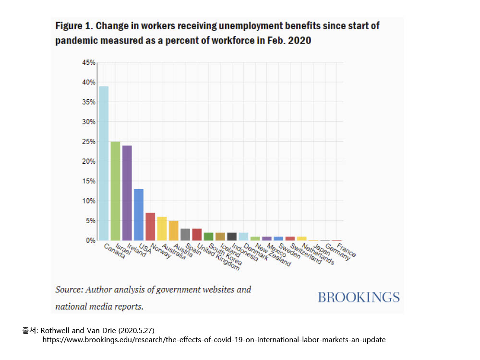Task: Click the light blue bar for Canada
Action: (x=104, y=163)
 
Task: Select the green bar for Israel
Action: (x=115, y=191)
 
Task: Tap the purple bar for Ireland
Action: (x=127, y=192)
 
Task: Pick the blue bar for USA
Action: (x=139, y=215)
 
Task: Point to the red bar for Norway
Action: (x=150, y=226)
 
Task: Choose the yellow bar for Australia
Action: (x=162, y=228)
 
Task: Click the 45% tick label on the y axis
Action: (x=89, y=62)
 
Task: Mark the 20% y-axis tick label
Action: (x=89, y=161)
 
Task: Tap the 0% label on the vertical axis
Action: (x=91, y=240)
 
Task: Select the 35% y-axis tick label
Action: (x=89, y=102)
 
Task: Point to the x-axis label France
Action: (x=347, y=251)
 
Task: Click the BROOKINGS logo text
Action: (x=359, y=298)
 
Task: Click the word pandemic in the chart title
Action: (x=74, y=41)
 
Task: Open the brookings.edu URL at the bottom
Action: (x=214, y=340)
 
